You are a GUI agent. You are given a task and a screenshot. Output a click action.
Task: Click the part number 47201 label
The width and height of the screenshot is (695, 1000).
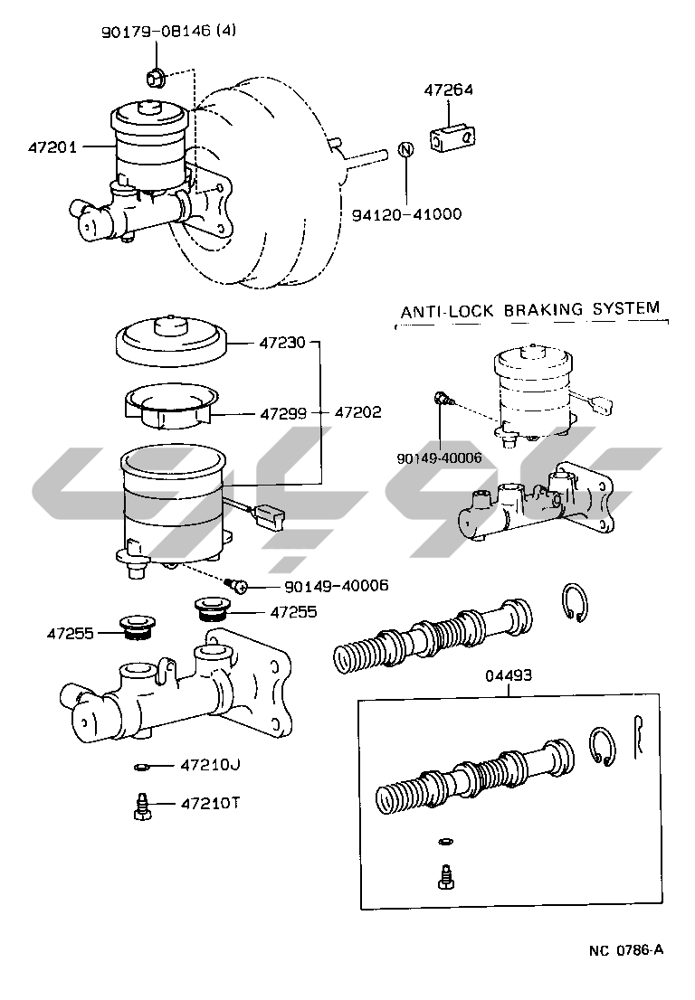click(52, 147)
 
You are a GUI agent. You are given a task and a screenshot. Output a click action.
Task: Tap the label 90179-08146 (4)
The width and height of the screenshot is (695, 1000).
click(168, 31)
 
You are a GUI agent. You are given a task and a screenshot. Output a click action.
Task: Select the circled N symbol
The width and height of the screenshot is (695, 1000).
click(406, 149)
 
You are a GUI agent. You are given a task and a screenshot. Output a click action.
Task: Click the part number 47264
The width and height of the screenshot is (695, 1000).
click(449, 90)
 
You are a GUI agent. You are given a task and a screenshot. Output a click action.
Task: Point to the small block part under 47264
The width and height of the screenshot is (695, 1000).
click(453, 139)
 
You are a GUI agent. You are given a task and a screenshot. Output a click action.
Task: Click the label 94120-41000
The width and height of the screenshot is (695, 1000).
click(406, 214)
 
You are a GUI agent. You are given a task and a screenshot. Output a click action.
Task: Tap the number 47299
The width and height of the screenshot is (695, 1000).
click(283, 414)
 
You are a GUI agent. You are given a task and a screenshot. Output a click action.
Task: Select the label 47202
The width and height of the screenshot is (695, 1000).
click(358, 412)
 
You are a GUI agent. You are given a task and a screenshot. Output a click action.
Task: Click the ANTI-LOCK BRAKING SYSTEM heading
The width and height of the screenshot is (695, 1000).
click(529, 310)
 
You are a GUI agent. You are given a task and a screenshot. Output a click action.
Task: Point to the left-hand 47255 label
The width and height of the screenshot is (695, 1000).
click(71, 633)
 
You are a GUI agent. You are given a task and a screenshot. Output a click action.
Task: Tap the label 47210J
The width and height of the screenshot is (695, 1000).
click(210, 765)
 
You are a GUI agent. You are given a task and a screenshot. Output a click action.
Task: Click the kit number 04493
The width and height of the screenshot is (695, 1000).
click(509, 675)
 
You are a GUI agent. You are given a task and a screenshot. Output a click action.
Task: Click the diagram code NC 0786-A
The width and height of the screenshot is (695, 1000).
click(626, 950)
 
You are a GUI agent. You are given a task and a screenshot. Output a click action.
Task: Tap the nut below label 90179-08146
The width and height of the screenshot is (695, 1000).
click(156, 79)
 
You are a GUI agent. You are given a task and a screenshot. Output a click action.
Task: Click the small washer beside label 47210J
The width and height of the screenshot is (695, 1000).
click(141, 767)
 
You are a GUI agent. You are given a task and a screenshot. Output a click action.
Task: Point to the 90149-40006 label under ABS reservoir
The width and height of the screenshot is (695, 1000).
click(439, 458)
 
